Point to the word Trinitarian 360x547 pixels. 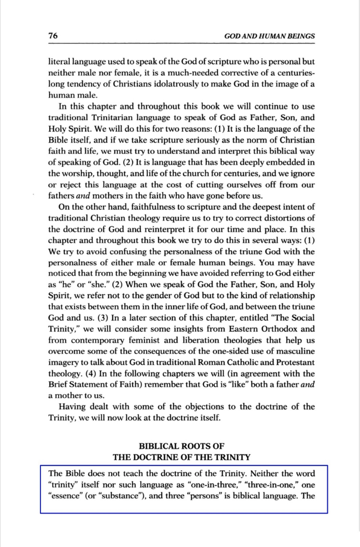point(98,117)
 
